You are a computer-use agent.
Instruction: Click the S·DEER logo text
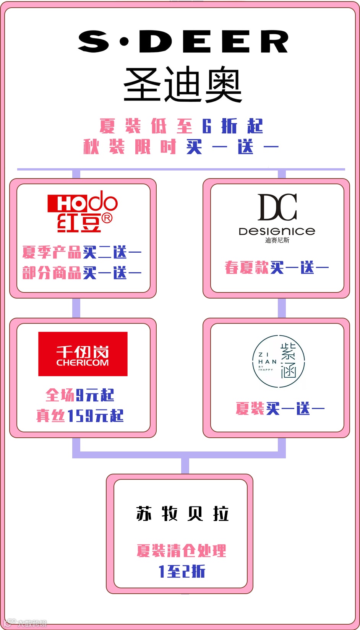(183, 42)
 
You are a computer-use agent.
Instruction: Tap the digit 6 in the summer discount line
(207, 126)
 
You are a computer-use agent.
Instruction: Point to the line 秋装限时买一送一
(181, 147)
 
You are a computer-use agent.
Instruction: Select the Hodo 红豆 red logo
(82, 211)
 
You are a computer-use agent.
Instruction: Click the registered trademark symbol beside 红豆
(107, 218)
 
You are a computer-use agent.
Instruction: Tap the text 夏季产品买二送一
(82, 252)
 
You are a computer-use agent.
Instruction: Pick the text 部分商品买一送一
(82, 273)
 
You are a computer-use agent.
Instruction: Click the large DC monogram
(277, 207)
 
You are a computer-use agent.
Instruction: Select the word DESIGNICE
(277, 231)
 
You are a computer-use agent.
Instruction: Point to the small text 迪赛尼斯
(277, 240)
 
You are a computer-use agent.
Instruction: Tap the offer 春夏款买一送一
(277, 268)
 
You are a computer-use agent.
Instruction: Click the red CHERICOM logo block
(83, 354)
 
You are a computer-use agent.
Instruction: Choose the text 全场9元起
(80, 395)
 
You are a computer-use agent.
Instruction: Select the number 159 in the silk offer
(80, 416)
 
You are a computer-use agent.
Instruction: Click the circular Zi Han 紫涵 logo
(279, 361)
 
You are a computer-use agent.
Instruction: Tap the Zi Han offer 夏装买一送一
(280, 409)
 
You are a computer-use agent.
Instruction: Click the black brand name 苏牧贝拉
(182, 513)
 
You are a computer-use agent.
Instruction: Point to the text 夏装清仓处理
(182, 550)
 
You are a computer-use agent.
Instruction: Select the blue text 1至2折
(182, 571)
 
